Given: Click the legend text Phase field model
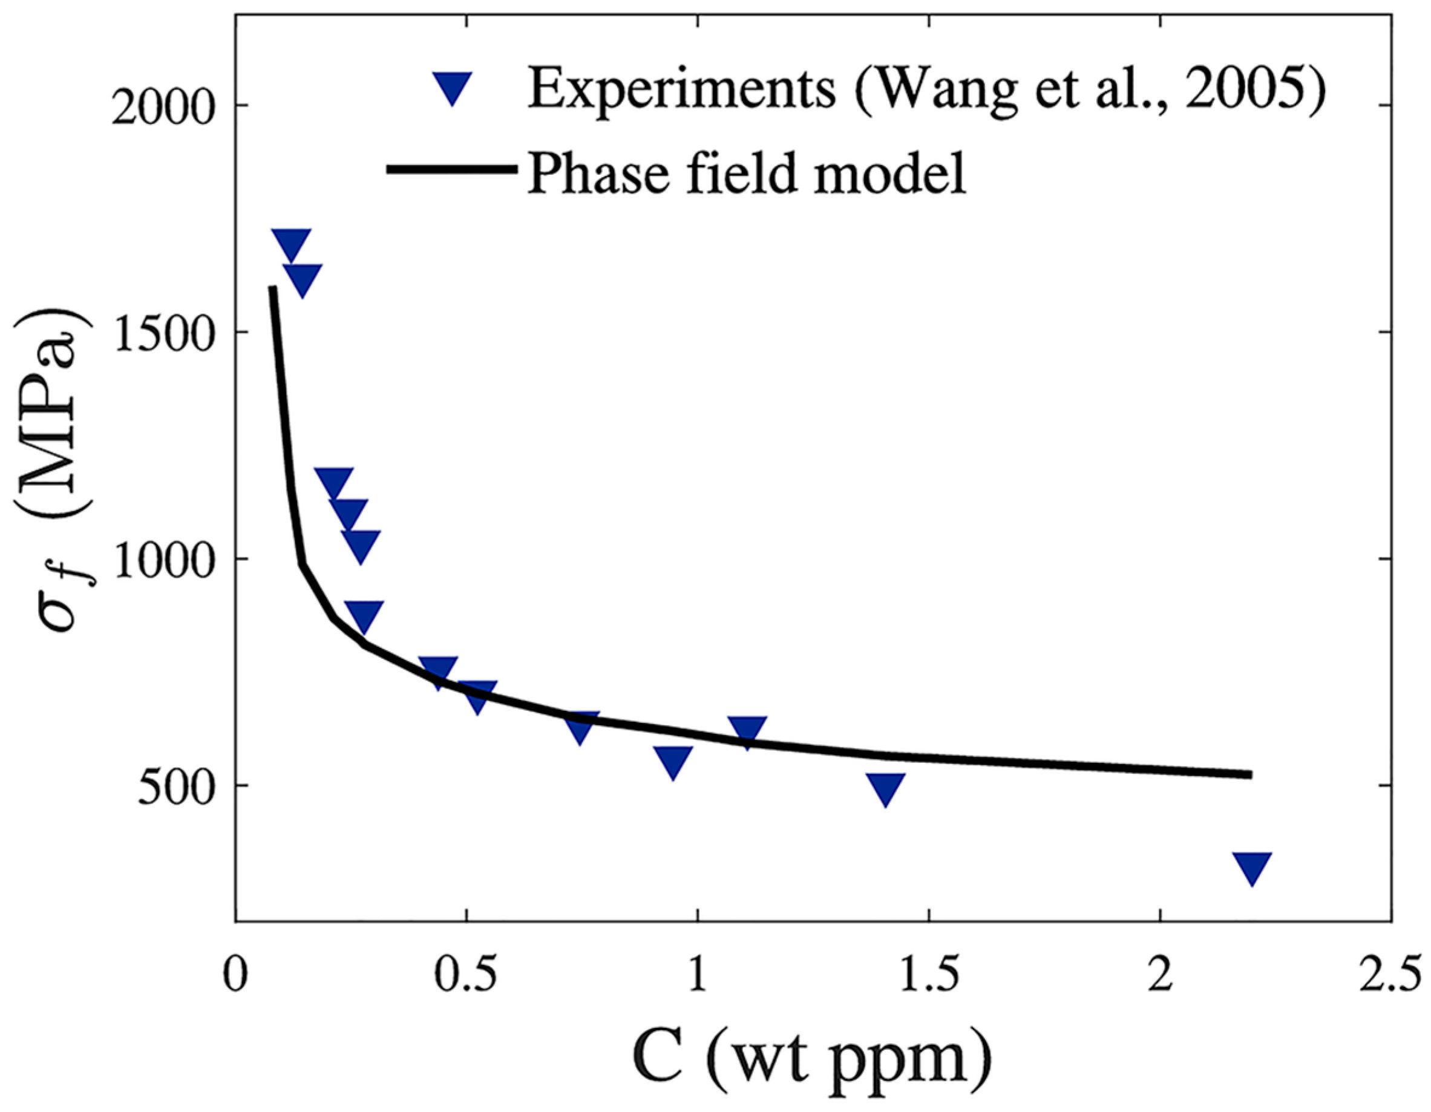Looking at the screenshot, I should pos(747,172).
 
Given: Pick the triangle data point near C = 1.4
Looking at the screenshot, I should pos(885,787).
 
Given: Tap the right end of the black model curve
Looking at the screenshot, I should pos(1249,774).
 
